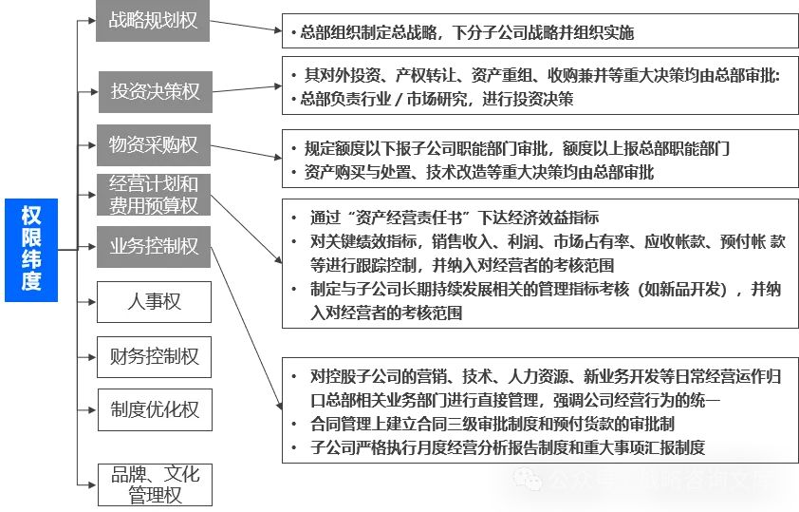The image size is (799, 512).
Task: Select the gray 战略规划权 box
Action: [x=154, y=20]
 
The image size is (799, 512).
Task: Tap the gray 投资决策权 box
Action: [x=154, y=91]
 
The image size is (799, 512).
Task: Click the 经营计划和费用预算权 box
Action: [x=154, y=194]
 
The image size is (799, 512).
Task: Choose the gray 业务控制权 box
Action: [x=154, y=246]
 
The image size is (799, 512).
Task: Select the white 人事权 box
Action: [x=154, y=302]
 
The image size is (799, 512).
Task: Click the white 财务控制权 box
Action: [x=154, y=356]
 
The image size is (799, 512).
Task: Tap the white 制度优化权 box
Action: [x=154, y=409]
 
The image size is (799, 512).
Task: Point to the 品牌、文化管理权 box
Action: [x=154, y=484]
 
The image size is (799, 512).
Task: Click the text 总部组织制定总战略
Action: [x=364, y=33]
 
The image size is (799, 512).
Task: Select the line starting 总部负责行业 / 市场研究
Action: [x=437, y=99]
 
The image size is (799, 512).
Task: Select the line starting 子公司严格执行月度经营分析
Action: [x=504, y=448]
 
